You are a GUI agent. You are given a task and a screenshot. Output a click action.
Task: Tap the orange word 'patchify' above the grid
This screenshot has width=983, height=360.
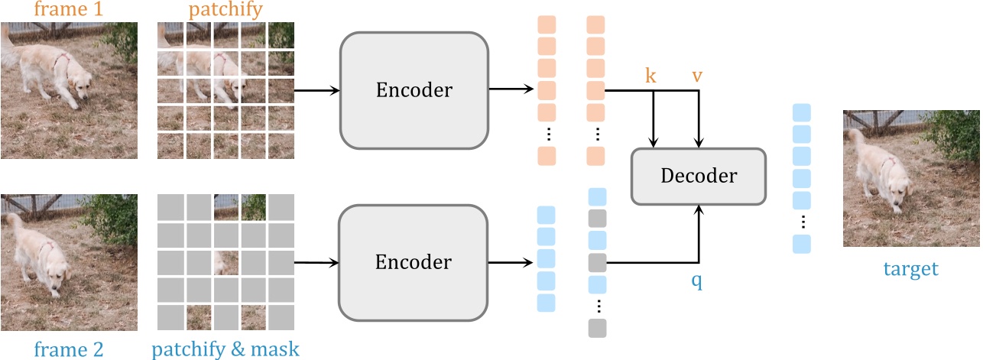coord(225,10)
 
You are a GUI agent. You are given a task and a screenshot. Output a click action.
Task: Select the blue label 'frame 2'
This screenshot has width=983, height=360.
coord(69,349)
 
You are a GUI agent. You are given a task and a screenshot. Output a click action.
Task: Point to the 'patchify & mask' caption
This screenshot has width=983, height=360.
coord(225,349)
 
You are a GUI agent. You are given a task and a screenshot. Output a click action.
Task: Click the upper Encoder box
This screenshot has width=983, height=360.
coord(414,90)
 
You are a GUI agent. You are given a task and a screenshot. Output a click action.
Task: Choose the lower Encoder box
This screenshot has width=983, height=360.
coord(414,262)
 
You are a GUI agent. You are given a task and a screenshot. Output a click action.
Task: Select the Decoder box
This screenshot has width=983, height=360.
coord(698,177)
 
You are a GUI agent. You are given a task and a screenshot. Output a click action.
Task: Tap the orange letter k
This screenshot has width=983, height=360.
coord(651,77)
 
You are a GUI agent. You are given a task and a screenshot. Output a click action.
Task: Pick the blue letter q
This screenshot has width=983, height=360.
coord(696,281)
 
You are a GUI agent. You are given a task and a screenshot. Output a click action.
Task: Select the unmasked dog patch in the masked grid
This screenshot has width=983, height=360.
coord(226,263)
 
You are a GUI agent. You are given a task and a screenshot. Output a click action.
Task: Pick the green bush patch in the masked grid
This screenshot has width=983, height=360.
coord(253,206)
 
